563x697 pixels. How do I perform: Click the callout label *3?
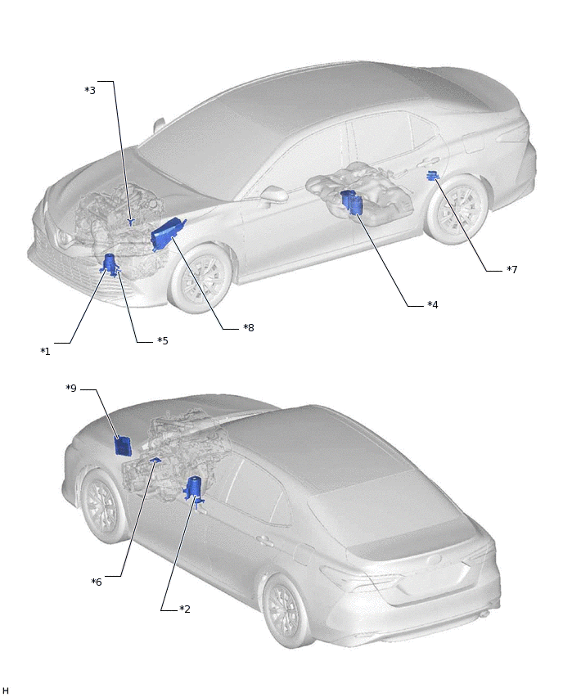[90, 90]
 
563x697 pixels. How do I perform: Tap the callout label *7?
[512, 269]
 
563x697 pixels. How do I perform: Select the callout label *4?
[433, 304]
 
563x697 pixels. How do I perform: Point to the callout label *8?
[249, 327]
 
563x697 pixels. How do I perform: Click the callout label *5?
[163, 340]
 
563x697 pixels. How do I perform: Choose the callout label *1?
[45, 351]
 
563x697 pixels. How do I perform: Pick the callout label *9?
[71, 388]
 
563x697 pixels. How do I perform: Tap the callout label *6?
[97, 582]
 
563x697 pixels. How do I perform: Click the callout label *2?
[185, 609]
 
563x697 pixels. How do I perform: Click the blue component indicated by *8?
[167, 234]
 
